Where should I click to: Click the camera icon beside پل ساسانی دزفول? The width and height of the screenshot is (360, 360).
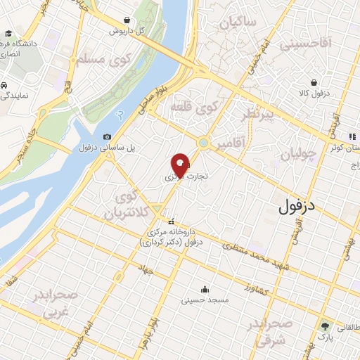click(x=107, y=136)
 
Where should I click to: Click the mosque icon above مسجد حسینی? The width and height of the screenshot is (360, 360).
click(x=205, y=288)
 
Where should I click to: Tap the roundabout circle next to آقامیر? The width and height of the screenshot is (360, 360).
click(x=203, y=143)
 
